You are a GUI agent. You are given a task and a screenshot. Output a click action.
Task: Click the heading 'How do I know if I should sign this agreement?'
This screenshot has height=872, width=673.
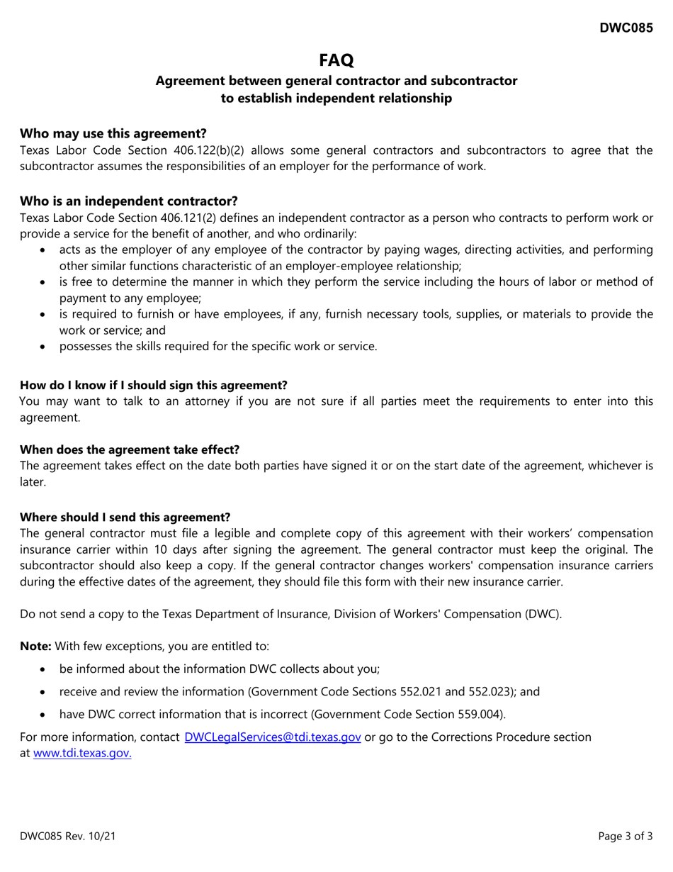(154, 385)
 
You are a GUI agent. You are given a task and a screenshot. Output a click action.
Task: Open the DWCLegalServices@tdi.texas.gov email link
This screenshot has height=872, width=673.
(273, 737)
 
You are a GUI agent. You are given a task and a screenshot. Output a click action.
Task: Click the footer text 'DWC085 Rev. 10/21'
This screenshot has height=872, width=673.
(68, 837)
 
